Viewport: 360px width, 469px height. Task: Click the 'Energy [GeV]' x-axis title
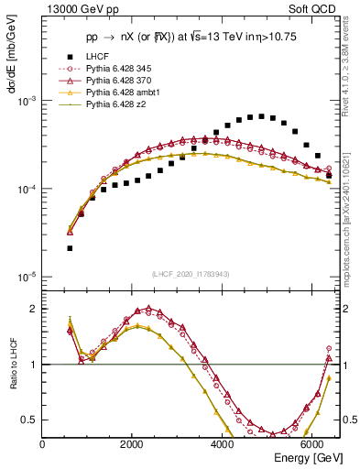click(x=310, y=457)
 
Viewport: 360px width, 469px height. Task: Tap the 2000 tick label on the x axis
click(x=133, y=444)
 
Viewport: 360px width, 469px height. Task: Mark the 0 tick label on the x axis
click(x=42, y=444)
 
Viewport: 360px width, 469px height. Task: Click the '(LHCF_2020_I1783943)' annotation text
click(x=190, y=274)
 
